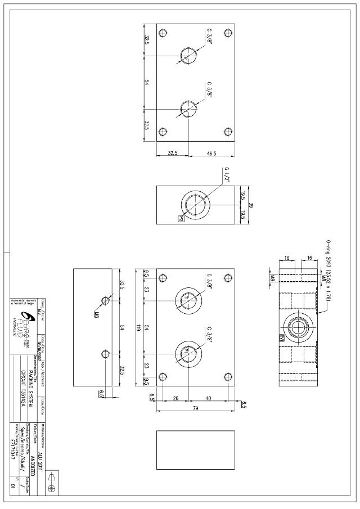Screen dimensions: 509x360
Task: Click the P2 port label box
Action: coord(182,218)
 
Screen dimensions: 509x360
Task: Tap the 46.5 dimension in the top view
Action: coord(212,152)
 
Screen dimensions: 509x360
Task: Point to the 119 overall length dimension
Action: coord(147,327)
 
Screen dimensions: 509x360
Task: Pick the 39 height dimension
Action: coord(251,205)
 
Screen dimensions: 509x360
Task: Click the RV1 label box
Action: coord(281,337)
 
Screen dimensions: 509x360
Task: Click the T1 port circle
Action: coord(187,298)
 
